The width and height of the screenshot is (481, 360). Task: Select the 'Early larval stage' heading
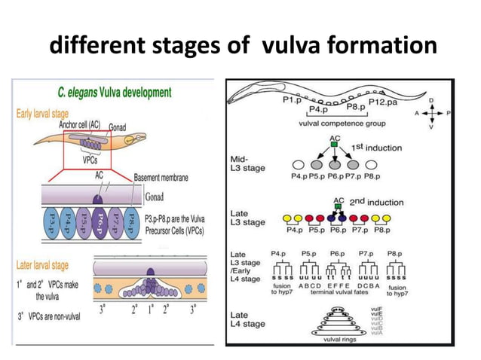tap(51, 114)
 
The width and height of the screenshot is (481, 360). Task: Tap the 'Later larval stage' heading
tap(51, 265)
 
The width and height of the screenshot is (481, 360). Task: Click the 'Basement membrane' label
tap(162, 178)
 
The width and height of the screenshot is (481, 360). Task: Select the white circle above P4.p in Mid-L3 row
tap(299, 164)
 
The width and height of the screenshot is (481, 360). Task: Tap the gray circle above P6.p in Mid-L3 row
tap(335, 164)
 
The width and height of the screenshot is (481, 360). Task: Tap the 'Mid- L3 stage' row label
tap(246, 163)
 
